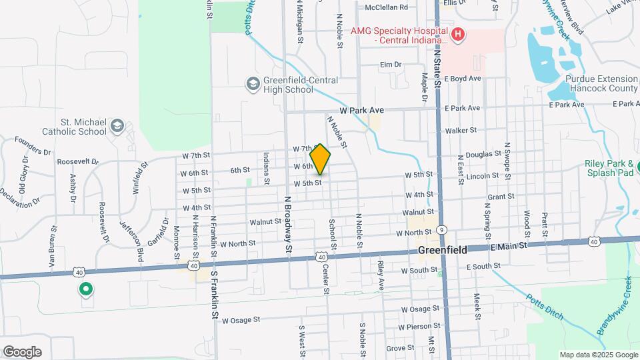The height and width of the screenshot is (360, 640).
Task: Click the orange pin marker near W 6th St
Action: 320,159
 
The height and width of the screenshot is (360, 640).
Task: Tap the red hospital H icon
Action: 457,35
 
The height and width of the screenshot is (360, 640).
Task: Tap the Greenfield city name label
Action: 441,250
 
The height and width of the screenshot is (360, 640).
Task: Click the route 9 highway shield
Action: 441,228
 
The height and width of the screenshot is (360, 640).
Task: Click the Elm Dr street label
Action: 390,65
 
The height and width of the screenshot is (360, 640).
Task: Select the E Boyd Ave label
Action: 463,78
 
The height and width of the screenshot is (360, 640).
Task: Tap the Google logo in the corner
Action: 22,352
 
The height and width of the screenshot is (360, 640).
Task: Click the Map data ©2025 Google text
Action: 598,355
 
